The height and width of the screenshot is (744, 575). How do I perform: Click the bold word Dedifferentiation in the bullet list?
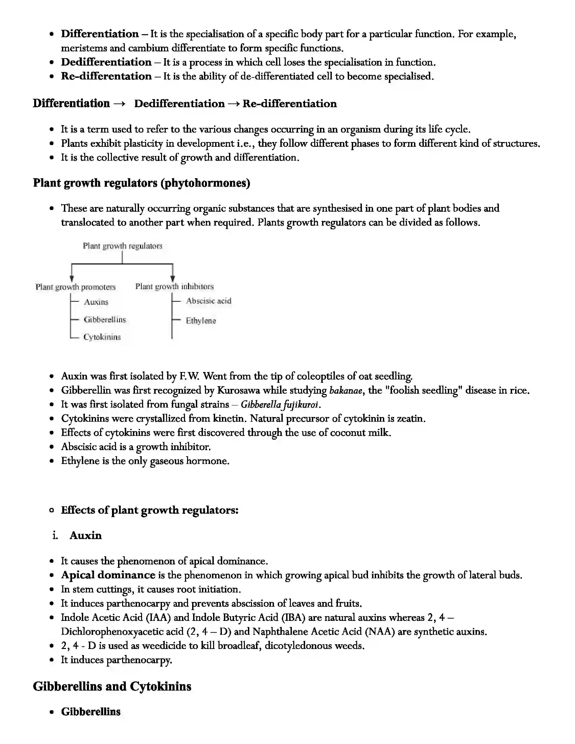(x=106, y=62)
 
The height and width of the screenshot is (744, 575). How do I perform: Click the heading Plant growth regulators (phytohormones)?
(x=141, y=183)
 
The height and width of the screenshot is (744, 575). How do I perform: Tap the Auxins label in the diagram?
(x=96, y=302)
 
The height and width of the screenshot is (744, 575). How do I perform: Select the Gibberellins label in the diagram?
(x=105, y=320)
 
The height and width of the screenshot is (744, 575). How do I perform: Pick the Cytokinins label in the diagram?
(x=102, y=337)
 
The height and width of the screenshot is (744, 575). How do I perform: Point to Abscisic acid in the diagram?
(x=208, y=301)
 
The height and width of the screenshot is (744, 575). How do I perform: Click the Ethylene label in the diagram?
(x=201, y=321)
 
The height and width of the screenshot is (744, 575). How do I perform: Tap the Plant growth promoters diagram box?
(x=76, y=287)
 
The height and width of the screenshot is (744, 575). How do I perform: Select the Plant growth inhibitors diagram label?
(x=175, y=286)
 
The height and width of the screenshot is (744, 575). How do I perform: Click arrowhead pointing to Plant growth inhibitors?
(x=173, y=279)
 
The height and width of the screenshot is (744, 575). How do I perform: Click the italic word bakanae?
(x=345, y=390)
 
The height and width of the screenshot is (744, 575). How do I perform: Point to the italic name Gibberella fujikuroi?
(x=280, y=405)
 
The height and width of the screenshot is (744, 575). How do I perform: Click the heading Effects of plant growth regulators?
(x=149, y=510)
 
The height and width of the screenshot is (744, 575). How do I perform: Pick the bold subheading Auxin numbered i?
(x=86, y=536)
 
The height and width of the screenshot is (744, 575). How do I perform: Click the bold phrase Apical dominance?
(x=108, y=575)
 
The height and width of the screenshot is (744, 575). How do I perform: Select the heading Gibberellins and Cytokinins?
(x=112, y=687)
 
